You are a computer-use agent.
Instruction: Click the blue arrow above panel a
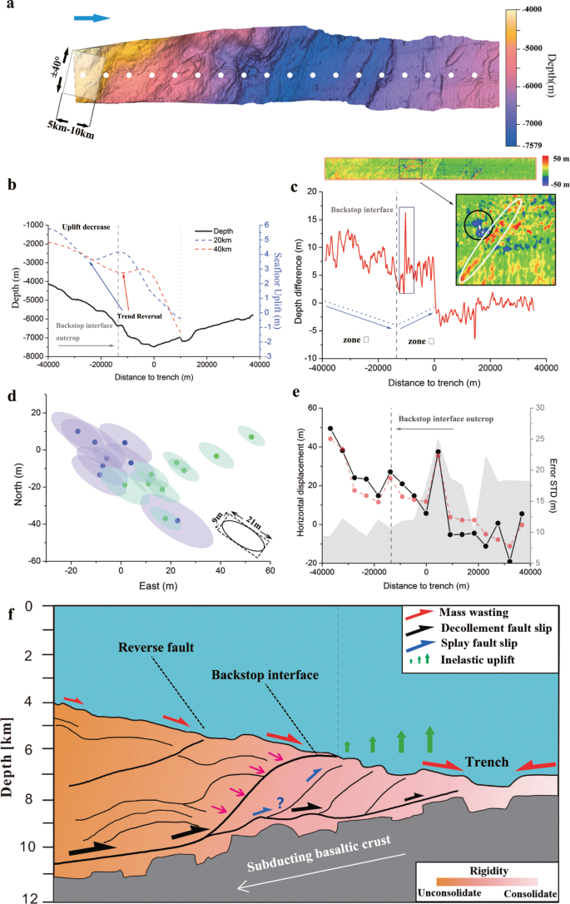pyautogui.click(x=92, y=17)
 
